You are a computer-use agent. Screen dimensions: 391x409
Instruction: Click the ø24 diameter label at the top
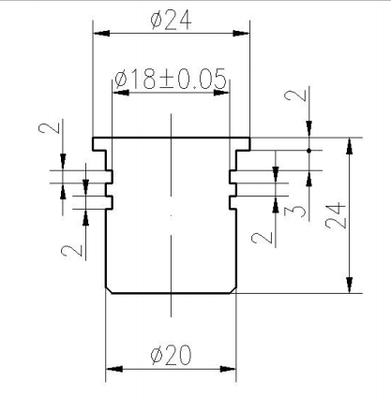click(x=171, y=21)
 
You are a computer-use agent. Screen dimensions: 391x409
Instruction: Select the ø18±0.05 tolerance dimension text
click(x=171, y=79)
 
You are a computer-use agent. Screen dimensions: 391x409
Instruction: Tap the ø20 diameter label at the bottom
click(x=171, y=355)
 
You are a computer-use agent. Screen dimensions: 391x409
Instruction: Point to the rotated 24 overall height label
click(x=336, y=216)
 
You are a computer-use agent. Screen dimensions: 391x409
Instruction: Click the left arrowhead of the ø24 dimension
click(x=101, y=33)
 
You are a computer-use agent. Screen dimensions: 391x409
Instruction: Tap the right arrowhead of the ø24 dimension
click(x=242, y=33)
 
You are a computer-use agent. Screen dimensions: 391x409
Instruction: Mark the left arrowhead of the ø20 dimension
click(x=114, y=369)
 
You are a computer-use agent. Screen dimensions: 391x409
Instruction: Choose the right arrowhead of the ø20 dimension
click(x=228, y=369)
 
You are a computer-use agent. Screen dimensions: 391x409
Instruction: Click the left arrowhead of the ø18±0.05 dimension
click(x=121, y=93)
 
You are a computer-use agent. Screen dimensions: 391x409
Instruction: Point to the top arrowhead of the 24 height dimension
click(x=350, y=146)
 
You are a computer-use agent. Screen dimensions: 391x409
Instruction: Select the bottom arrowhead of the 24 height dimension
click(x=350, y=285)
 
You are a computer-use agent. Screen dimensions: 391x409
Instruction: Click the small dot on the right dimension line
click(x=308, y=151)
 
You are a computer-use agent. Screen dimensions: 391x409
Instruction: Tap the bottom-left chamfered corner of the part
click(x=109, y=290)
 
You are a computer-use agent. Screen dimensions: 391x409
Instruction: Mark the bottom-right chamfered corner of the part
click(x=233, y=290)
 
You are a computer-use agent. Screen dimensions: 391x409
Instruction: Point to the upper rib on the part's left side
click(x=110, y=177)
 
